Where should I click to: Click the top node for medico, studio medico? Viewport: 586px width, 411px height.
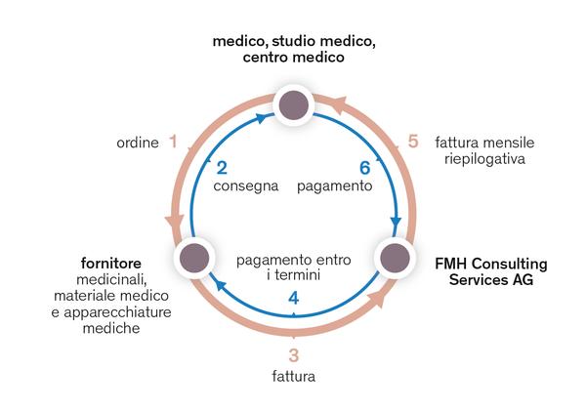pyautogui.click(x=294, y=104)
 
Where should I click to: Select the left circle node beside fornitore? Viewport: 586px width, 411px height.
pyautogui.click(x=192, y=260)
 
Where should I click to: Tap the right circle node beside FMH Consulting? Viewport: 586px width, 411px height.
pyautogui.click(x=395, y=260)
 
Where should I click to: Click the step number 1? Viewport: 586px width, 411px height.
pyautogui.click(x=173, y=143)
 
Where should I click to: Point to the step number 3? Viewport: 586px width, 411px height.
pyautogui.click(x=294, y=355)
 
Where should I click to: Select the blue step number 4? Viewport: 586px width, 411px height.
pyautogui.click(x=294, y=297)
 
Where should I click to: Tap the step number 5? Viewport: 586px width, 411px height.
pyautogui.click(x=413, y=143)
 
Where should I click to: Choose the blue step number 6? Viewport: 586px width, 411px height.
pyautogui.click(x=364, y=168)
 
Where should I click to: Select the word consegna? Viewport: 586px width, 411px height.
pyautogui.click(x=247, y=185)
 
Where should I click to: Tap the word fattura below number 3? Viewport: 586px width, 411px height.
pyautogui.click(x=294, y=375)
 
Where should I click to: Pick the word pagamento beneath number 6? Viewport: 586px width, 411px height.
pyautogui.click(x=334, y=185)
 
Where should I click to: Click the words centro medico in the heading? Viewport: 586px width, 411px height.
pyautogui.click(x=293, y=58)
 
